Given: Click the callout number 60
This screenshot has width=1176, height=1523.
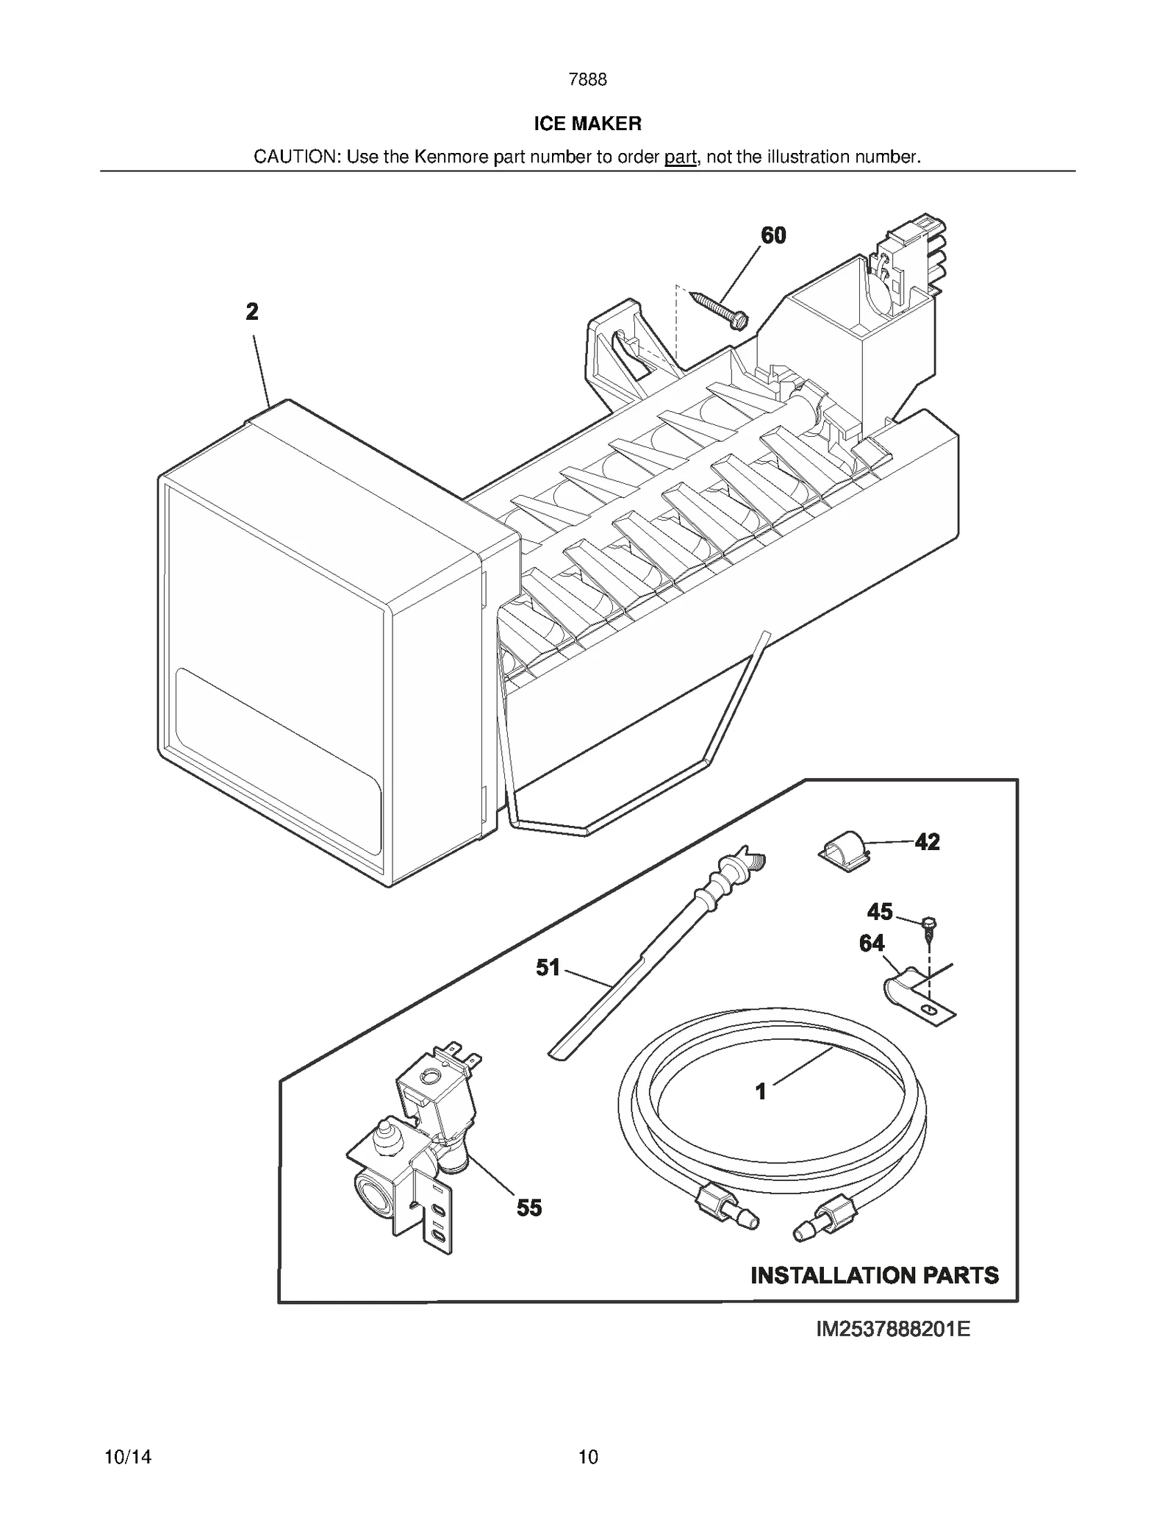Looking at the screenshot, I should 773,235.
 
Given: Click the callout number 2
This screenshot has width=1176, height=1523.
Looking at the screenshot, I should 252,312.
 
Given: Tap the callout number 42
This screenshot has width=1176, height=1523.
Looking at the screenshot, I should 927,842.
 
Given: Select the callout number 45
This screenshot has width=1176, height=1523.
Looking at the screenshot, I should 879,912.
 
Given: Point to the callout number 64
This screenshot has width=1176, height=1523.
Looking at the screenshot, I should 872,944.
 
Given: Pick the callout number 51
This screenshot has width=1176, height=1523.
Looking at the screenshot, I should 548,968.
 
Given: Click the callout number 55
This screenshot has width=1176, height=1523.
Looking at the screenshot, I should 529,1208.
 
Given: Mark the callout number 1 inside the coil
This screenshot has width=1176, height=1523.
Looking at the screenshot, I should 761,1091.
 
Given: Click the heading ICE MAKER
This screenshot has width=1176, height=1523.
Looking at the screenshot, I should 587,124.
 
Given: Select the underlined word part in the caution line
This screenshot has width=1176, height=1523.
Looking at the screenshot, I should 680,157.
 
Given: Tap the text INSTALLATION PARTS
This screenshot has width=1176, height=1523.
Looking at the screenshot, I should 875,1275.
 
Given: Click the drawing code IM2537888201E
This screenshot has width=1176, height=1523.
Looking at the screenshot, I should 893,1329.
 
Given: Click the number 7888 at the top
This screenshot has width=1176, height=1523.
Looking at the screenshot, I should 587,79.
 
